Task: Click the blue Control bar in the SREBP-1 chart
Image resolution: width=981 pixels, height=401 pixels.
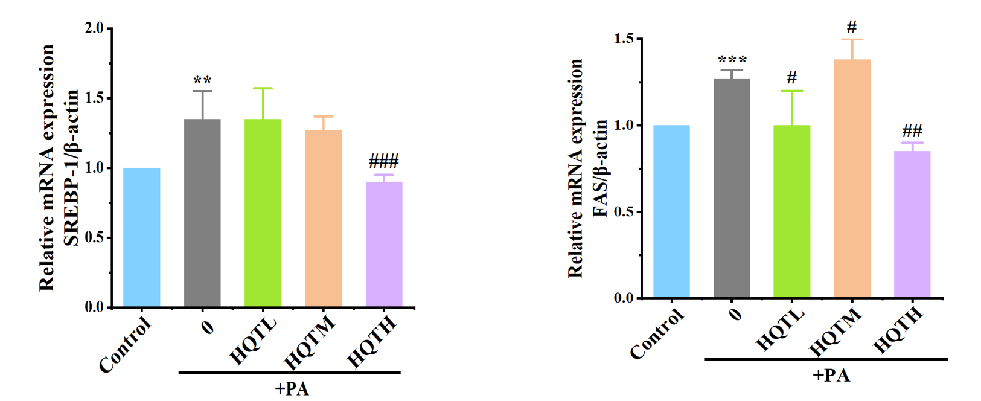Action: tap(141, 237)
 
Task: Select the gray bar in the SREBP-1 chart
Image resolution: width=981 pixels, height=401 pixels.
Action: tap(202, 213)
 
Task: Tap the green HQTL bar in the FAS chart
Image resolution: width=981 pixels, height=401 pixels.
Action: tap(791, 211)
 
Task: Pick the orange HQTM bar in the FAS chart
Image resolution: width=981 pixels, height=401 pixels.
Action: tap(852, 178)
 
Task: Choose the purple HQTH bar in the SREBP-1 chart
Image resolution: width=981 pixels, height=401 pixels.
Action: tap(384, 244)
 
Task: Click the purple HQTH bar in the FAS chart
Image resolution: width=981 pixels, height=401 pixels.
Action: tap(912, 224)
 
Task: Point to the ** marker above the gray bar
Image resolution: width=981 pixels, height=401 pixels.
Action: tap(202, 80)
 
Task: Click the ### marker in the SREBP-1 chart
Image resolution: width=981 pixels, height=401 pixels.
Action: tap(384, 162)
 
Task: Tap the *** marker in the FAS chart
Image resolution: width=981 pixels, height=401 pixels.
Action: tap(732, 60)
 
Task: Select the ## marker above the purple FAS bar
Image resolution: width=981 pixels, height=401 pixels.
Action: tap(912, 131)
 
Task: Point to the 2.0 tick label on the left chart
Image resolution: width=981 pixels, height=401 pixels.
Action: tap(94, 28)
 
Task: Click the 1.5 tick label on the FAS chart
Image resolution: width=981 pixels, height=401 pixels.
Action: tap(624, 39)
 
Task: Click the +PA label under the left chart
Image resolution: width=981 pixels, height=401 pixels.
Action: tap(292, 388)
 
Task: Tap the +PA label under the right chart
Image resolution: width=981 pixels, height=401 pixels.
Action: tap(831, 375)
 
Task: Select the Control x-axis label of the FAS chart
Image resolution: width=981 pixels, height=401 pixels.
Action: tap(657, 334)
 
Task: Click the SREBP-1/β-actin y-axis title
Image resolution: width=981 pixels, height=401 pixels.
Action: tap(71, 168)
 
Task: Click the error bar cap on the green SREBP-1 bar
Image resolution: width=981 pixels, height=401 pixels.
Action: tap(263, 89)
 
